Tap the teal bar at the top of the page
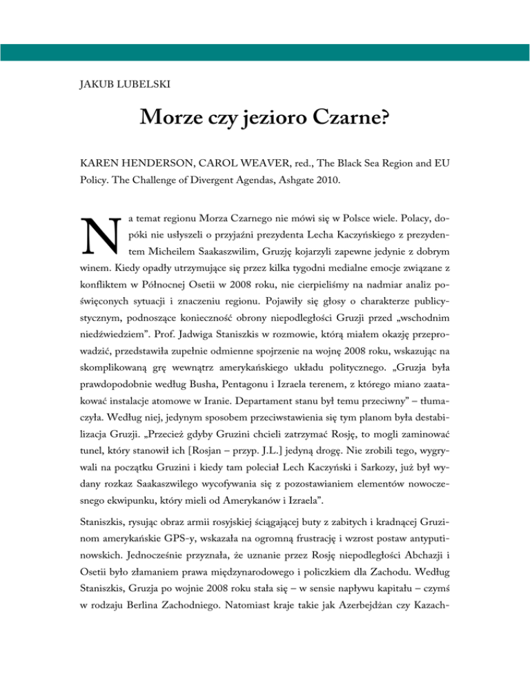coord(265,52)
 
